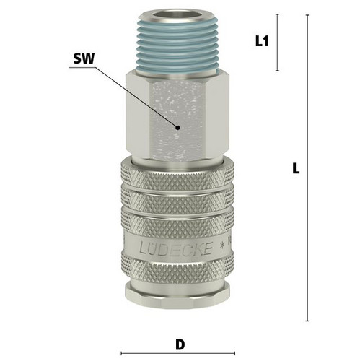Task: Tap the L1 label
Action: click(262, 41)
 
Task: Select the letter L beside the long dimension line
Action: click(296, 168)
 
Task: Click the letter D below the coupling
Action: click(180, 344)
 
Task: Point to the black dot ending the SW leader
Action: click(177, 128)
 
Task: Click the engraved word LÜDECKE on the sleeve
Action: click(176, 248)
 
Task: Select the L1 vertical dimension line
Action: click(278, 43)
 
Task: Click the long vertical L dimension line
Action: click(307, 168)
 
